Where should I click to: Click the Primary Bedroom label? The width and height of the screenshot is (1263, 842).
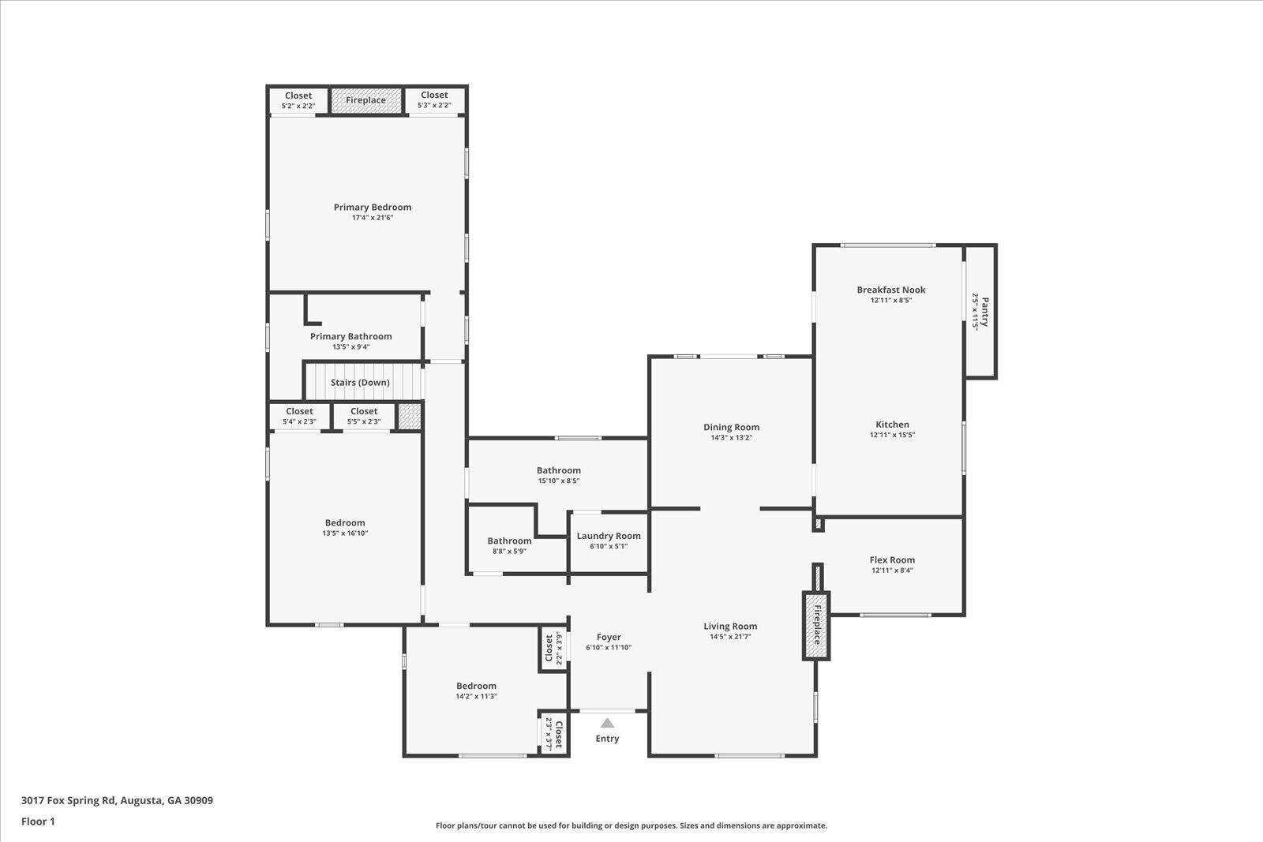coord(372,208)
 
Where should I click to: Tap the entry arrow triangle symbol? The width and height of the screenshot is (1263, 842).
coord(607,722)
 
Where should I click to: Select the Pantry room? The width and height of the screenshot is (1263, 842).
coord(980,311)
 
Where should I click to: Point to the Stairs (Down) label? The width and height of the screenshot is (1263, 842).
coord(360,383)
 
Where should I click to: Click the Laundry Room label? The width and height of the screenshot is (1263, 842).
coord(609,536)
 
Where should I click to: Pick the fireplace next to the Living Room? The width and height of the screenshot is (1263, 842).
coord(817,627)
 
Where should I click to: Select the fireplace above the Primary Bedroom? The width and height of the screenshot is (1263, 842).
coord(365,100)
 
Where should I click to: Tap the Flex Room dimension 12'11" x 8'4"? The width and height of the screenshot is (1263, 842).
coord(893,571)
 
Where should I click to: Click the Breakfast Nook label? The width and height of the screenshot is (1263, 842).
coord(891,290)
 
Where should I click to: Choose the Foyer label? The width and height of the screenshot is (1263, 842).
coord(609,637)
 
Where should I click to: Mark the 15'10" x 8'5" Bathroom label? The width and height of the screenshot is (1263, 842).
coord(559,470)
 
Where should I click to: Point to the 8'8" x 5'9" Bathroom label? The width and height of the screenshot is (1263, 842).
coord(509,541)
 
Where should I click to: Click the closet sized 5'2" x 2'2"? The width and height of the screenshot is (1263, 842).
coord(298,100)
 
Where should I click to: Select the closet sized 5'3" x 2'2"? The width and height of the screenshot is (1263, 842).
coord(434,100)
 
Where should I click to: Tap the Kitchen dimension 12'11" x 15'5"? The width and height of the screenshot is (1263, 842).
coord(892,435)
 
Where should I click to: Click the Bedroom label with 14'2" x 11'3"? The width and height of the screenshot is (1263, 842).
coord(476,686)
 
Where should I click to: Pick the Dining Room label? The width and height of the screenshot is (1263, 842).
coord(731,427)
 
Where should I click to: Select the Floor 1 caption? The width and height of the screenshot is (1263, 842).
coord(38,821)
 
